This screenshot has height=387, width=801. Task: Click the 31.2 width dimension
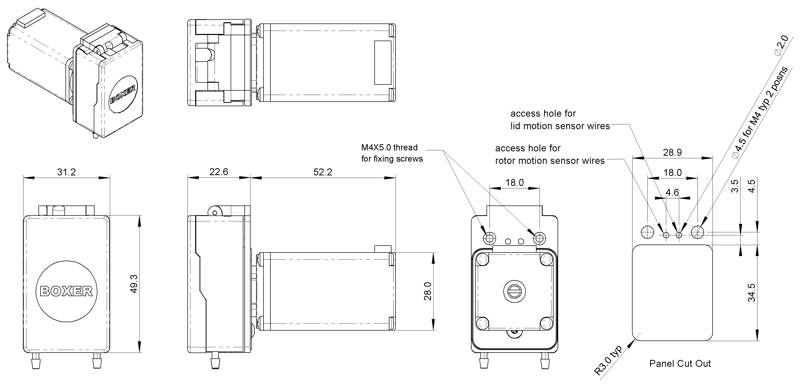(66, 172)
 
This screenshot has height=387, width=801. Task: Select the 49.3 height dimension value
(134, 284)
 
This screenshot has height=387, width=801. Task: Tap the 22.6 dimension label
(219, 172)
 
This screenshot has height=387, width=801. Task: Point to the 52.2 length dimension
(323, 172)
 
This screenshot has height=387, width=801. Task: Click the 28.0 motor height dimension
(428, 291)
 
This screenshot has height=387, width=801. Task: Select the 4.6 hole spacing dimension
(672, 192)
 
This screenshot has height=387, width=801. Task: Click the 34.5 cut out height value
(751, 293)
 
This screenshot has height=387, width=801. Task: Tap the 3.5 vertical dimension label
(734, 186)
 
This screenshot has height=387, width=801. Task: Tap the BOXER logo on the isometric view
(123, 94)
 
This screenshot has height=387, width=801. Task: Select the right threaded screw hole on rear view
(539, 238)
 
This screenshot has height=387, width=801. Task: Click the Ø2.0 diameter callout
(781, 45)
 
